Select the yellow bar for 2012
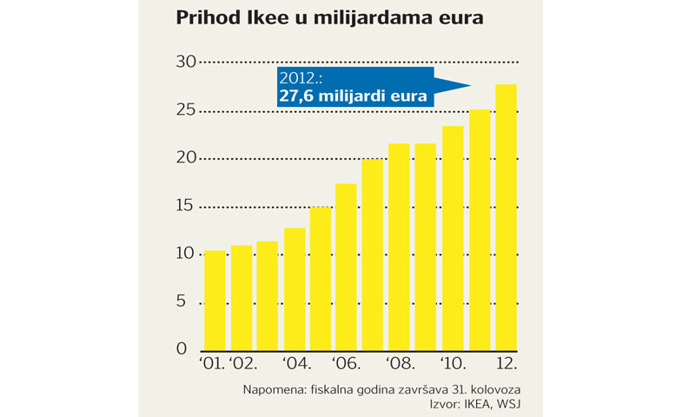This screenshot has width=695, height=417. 506,217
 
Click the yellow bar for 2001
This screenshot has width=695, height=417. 215,300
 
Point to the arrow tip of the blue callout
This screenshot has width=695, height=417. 470,85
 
